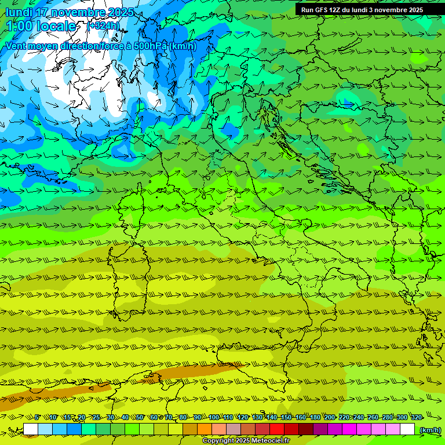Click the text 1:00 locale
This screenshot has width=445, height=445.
pos(41,26)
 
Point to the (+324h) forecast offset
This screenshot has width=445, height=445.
pos(103,26)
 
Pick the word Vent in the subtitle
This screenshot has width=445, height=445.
pos(16,46)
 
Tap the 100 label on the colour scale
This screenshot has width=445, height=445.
pos(214,417)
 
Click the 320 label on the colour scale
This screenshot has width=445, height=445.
pos(416,417)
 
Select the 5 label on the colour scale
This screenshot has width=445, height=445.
pos(37,417)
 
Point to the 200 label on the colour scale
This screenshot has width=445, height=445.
pos(330,417)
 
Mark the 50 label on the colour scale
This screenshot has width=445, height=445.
pos(140,417)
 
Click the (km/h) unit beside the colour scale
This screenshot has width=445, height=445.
pos(429,429)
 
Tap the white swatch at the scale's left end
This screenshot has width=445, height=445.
pos(31,429)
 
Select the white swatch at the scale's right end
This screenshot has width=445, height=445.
pos(407,429)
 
